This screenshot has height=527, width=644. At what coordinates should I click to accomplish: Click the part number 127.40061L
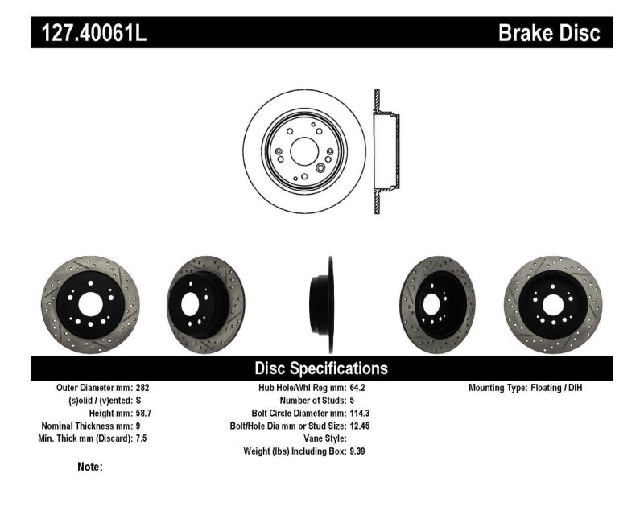(x=89, y=33)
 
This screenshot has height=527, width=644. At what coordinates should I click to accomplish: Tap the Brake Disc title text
(x=549, y=33)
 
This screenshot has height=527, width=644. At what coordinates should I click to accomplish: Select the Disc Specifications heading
(x=321, y=368)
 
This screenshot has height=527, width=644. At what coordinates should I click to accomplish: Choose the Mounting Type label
(x=502, y=387)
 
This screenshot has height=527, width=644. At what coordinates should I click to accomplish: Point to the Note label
(x=90, y=467)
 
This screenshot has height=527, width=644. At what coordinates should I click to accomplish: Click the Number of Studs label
(x=312, y=400)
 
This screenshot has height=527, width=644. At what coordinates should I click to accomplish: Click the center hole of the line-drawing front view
(x=303, y=150)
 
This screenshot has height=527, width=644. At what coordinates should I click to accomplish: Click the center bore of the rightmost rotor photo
(x=552, y=304)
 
